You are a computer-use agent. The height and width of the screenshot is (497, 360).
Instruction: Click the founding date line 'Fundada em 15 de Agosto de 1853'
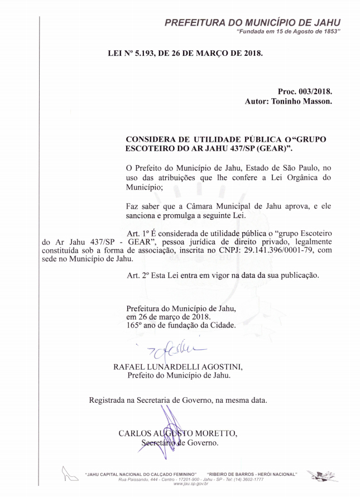coord(289,32)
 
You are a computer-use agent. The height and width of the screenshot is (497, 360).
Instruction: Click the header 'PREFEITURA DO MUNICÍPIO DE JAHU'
coord(252,22)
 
